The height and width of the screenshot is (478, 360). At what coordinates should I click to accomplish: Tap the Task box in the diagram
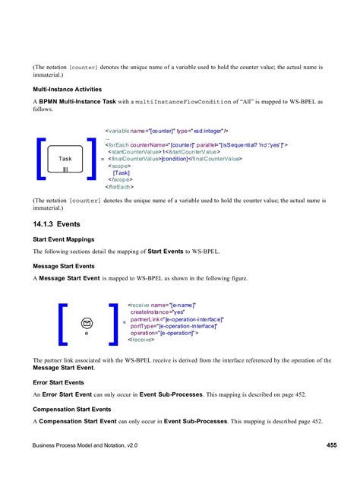pyautogui.click(x=65, y=162)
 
